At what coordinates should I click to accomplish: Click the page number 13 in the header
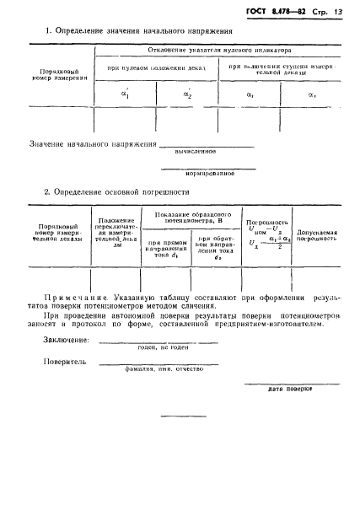click(338, 12)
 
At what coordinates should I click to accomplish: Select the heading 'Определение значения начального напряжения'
click(143, 32)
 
